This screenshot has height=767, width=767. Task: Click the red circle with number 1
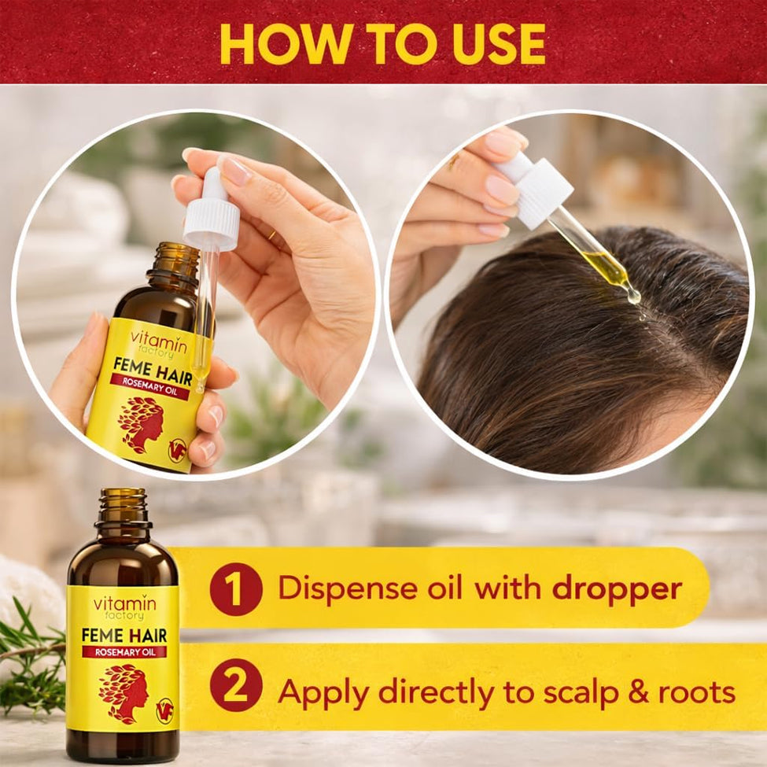(236, 589)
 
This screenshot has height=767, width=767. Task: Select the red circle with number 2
(236, 685)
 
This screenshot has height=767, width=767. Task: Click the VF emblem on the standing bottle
(165, 710)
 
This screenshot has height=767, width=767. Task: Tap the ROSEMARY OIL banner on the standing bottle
(125, 651)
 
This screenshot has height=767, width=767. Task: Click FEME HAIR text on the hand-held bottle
(153, 369)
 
